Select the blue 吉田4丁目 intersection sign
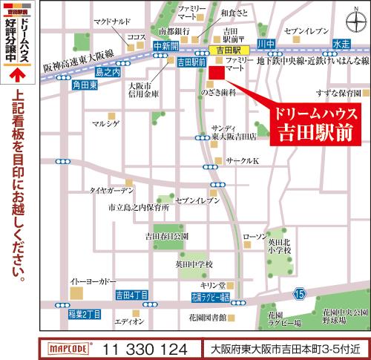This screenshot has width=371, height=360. coord(133,295)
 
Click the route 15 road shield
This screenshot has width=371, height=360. coord(298,295)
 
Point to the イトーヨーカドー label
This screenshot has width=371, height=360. coord(93,282)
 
